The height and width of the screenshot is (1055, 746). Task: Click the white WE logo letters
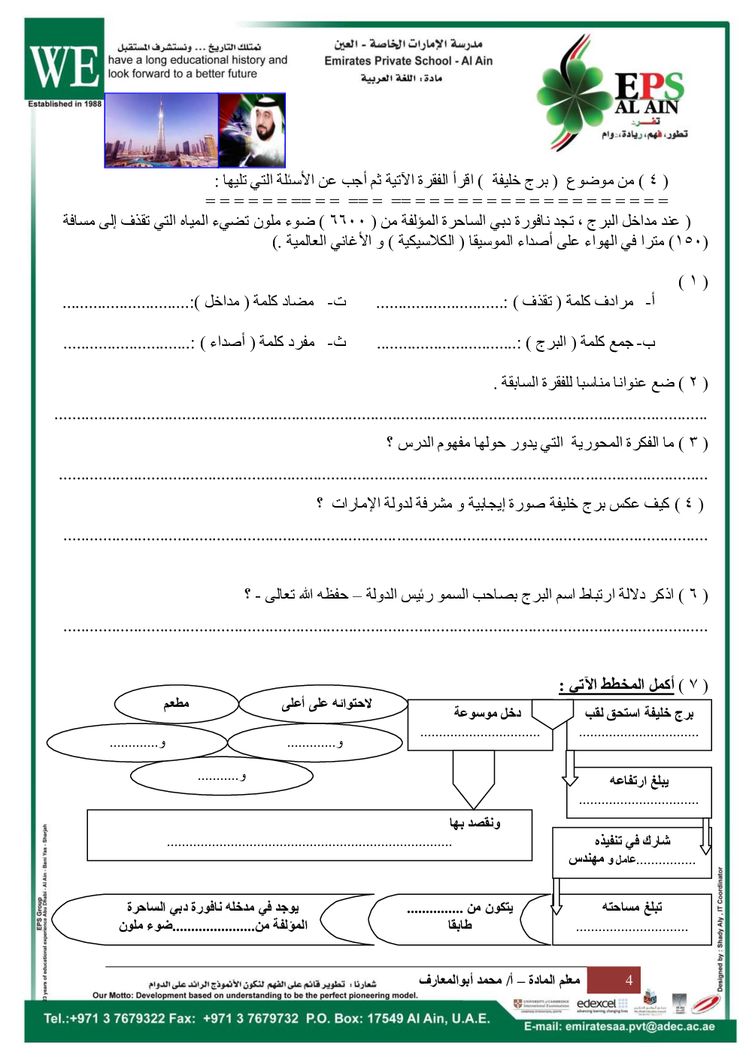(x=65, y=66)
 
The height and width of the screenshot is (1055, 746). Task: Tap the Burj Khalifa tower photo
(x=161, y=130)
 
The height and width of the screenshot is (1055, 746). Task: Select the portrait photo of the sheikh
(x=252, y=130)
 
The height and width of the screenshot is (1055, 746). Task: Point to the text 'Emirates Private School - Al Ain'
(x=408, y=61)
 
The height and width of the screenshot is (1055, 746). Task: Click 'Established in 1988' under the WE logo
(x=65, y=104)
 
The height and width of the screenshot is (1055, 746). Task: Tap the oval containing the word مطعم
(x=176, y=704)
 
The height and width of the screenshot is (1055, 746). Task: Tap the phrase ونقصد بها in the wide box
(x=475, y=823)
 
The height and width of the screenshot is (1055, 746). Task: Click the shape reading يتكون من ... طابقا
(x=460, y=917)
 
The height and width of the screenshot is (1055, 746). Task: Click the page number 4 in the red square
(x=629, y=980)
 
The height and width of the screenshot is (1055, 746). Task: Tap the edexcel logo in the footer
(x=596, y=1004)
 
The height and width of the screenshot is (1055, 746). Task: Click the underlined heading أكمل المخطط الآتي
(x=617, y=684)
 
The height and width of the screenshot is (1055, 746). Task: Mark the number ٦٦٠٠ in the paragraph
(x=347, y=221)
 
